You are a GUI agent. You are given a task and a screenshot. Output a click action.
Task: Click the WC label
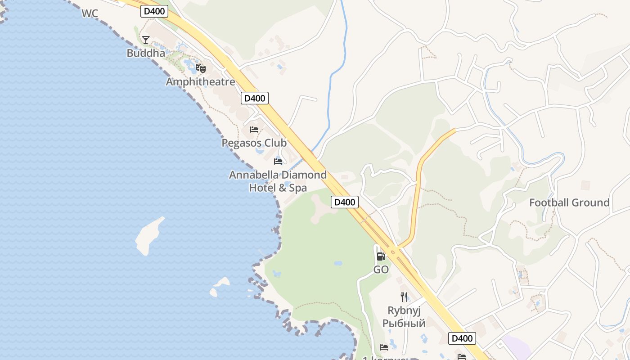click(90, 13)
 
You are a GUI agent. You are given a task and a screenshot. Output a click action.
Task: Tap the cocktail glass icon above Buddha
click(146, 40)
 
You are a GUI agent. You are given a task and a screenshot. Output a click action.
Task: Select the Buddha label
click(146, 53)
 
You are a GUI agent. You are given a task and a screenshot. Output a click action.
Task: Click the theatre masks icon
click(201, 69)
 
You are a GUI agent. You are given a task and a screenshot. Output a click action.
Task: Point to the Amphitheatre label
click(200, 82)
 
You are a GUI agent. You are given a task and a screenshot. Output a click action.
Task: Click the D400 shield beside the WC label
click(154, 11)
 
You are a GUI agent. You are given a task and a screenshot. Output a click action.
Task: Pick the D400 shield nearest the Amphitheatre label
click(255, 98)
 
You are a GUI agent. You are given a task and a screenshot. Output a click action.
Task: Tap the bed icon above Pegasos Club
click(254, 130)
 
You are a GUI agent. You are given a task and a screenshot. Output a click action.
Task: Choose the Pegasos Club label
click(254, 143)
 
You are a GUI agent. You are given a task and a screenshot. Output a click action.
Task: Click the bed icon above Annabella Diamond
click(278, 161)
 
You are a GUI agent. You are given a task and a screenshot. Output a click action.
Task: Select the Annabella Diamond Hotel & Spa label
click(278, 181)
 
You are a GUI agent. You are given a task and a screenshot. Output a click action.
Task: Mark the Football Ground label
click(569, 202)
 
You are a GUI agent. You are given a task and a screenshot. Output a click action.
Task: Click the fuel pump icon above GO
click(381, 256)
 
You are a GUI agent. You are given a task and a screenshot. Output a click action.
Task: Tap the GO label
click(381, 270)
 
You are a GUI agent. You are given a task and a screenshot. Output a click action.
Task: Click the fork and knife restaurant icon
click(404, 297)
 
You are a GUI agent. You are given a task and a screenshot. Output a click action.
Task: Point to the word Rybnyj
click(404, 310)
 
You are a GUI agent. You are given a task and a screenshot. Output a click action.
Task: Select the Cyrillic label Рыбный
click(404, 323)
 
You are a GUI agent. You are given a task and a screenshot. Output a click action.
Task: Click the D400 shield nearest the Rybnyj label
click(462, 338)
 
